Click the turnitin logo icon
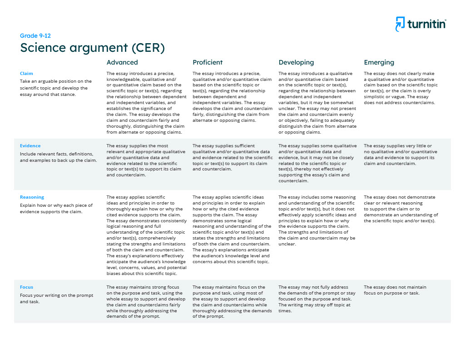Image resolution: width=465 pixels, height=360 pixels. click(x=400, y=24)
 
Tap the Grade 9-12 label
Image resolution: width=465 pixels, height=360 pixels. click(x=32, y=36)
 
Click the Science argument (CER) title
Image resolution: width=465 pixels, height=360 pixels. click(x=92, y=48)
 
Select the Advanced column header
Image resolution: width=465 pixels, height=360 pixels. click(x=122, y=62)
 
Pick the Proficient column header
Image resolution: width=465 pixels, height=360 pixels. click(x=208, y=62)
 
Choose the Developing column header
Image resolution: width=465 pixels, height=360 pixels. click(x=296, y=62)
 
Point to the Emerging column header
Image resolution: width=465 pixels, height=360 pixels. click(x=379, y=62)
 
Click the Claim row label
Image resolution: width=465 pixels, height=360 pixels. click(x=26, y=74)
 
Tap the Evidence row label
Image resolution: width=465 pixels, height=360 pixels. click(x=30, y=146)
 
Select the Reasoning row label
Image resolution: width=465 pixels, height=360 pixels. click(x=32, y=197)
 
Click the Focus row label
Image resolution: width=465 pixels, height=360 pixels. click(x=26, y=287)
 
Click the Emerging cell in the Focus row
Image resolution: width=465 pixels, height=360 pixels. click(x=395, y=290)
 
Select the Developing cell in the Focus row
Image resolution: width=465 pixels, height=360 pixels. click(x=317, y=299)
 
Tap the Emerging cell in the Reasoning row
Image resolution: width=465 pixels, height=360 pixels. click(x=401, y=209)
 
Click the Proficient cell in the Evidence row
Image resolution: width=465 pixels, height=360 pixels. click(x=232, y=158)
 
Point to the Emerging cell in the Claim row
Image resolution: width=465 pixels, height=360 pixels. click(x=401, y=88)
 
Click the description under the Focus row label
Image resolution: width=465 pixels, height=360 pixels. click(x=56, y=298)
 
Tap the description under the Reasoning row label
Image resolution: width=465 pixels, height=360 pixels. click(x=56, y=208)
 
